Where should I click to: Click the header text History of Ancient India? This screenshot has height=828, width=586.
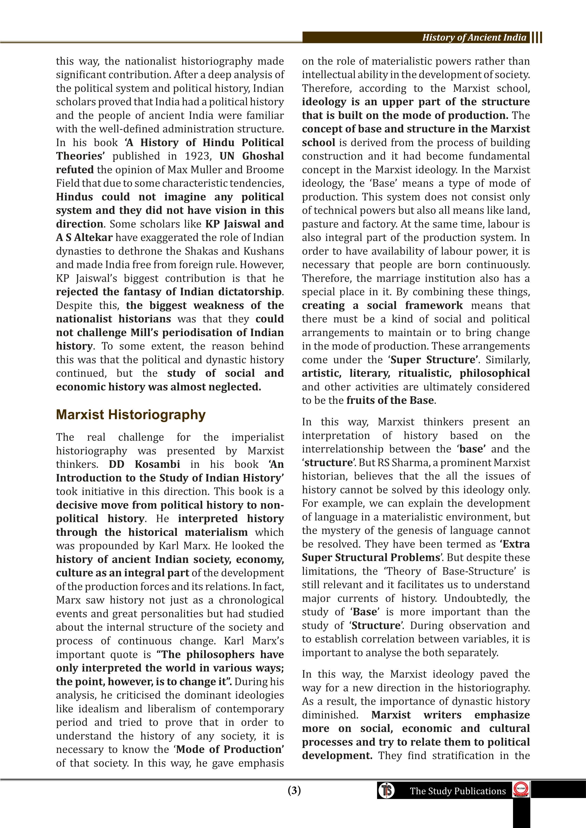click(474, 38)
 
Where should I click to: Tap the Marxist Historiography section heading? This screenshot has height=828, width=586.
click(131, 415)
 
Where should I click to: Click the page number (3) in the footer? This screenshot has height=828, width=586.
click(294, 790)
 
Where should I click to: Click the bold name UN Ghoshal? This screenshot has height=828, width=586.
click(252, 156)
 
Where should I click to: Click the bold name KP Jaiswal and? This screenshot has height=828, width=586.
click(244, 224)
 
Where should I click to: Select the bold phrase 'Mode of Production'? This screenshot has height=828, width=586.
click(229, 749)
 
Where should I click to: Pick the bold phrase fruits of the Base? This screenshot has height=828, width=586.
click(390, 401)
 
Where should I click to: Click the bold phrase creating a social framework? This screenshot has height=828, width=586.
click(382, 305)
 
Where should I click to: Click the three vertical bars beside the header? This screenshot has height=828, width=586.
click(537, 38)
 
